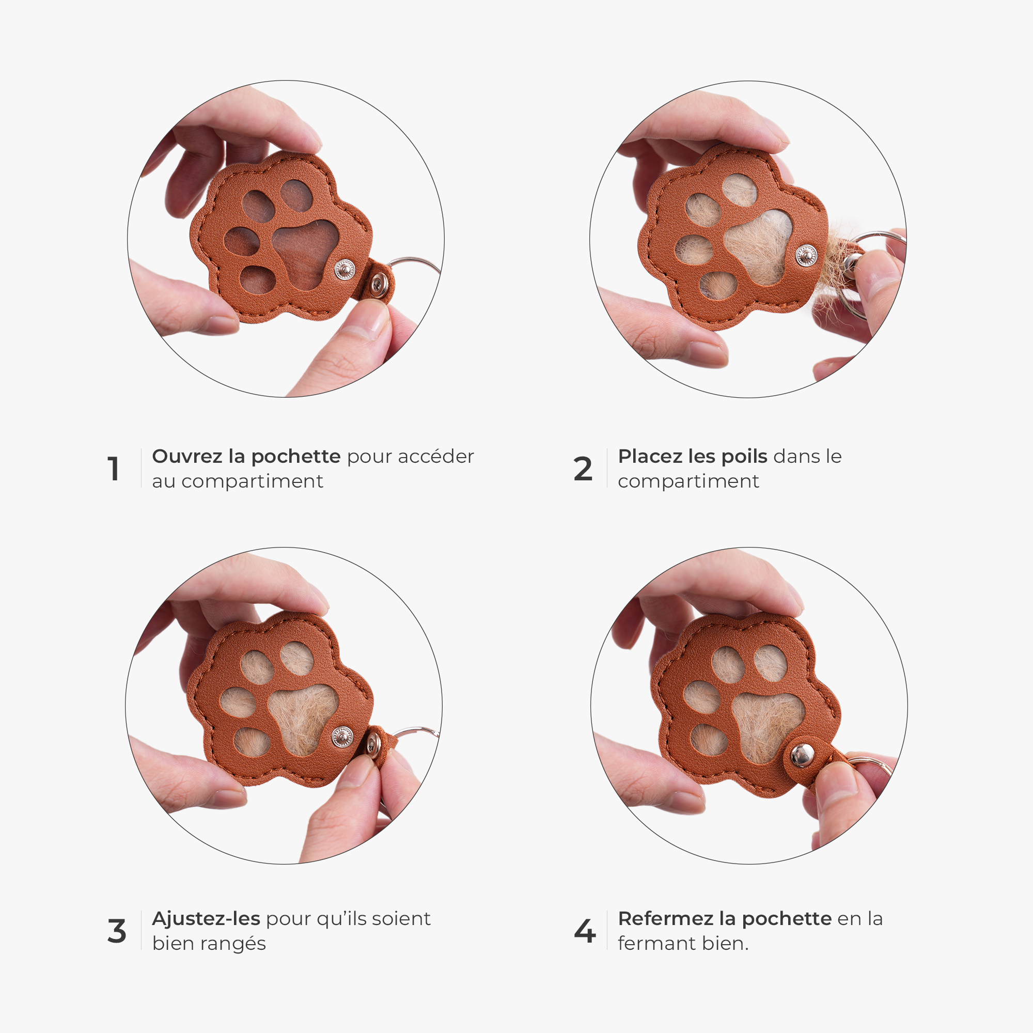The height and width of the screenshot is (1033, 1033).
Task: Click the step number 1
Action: click(x=113, y=469)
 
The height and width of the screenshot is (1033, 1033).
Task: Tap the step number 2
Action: click(x=583, y=469)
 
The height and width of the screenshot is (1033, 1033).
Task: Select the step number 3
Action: click(x=117, y=931)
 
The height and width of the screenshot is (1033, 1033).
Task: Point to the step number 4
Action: click(x=584, y=931)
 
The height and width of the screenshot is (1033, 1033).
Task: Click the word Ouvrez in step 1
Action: click(x=187, y=456)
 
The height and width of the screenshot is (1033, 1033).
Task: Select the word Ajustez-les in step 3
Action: click(x=207, y=918)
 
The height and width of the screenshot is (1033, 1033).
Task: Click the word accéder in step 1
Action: click(x=436, y=457)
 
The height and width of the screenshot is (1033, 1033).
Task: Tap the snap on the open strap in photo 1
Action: click(x=380, y=283)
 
